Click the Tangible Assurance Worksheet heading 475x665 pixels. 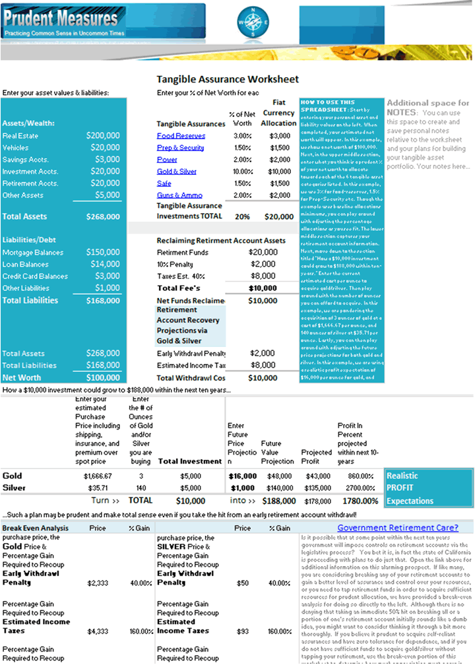point(228,79)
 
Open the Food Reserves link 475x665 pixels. point(181,136)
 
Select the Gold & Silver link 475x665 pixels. point(176,172)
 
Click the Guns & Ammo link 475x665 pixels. point(179,195)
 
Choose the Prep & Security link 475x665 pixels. point(180,148)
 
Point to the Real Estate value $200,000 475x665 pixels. point(103,136)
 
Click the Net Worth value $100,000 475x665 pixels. point(103,378)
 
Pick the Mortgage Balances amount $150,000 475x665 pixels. point(103,253)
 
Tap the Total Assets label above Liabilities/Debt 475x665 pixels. point(25,216)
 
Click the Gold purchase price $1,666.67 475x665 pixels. point(98,476)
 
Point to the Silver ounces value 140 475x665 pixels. point(141,488)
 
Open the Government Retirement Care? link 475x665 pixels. point(397,528)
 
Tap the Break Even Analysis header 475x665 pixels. point(35,528)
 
